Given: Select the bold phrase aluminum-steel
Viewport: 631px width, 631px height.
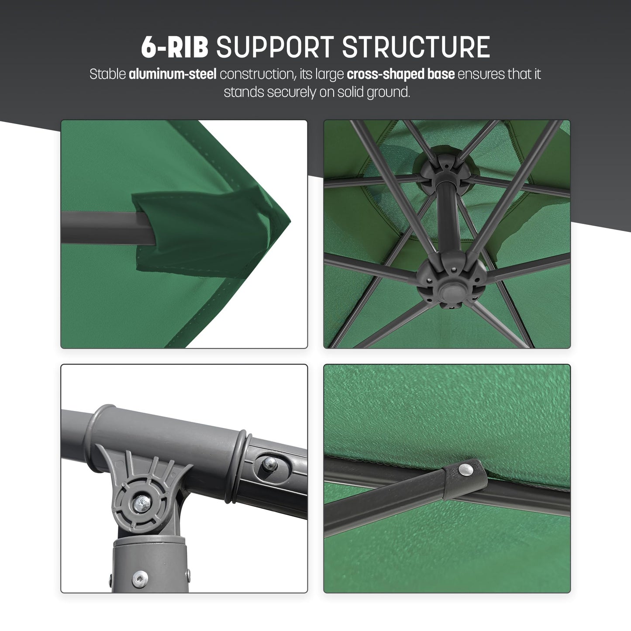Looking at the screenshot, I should pos(172,74).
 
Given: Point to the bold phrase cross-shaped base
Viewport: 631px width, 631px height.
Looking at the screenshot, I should pos(400,74).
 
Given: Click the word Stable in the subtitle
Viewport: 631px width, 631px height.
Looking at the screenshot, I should pos(107,74).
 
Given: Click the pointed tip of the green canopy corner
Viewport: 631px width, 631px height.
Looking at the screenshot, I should pos(289,217).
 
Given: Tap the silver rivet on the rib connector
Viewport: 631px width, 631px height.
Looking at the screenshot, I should pos(466,469).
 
